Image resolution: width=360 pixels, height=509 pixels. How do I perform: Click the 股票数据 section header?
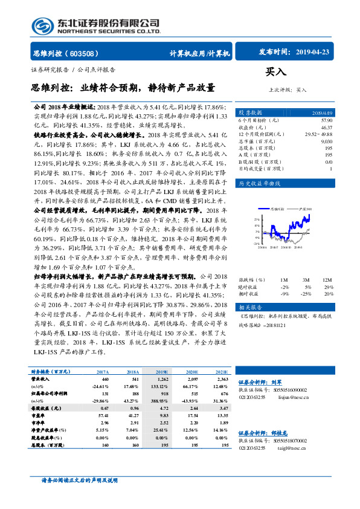coord(250,113)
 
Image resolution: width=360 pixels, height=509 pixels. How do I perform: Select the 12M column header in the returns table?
coord(327,280)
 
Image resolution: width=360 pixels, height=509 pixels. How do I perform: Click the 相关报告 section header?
coord(250,306)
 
